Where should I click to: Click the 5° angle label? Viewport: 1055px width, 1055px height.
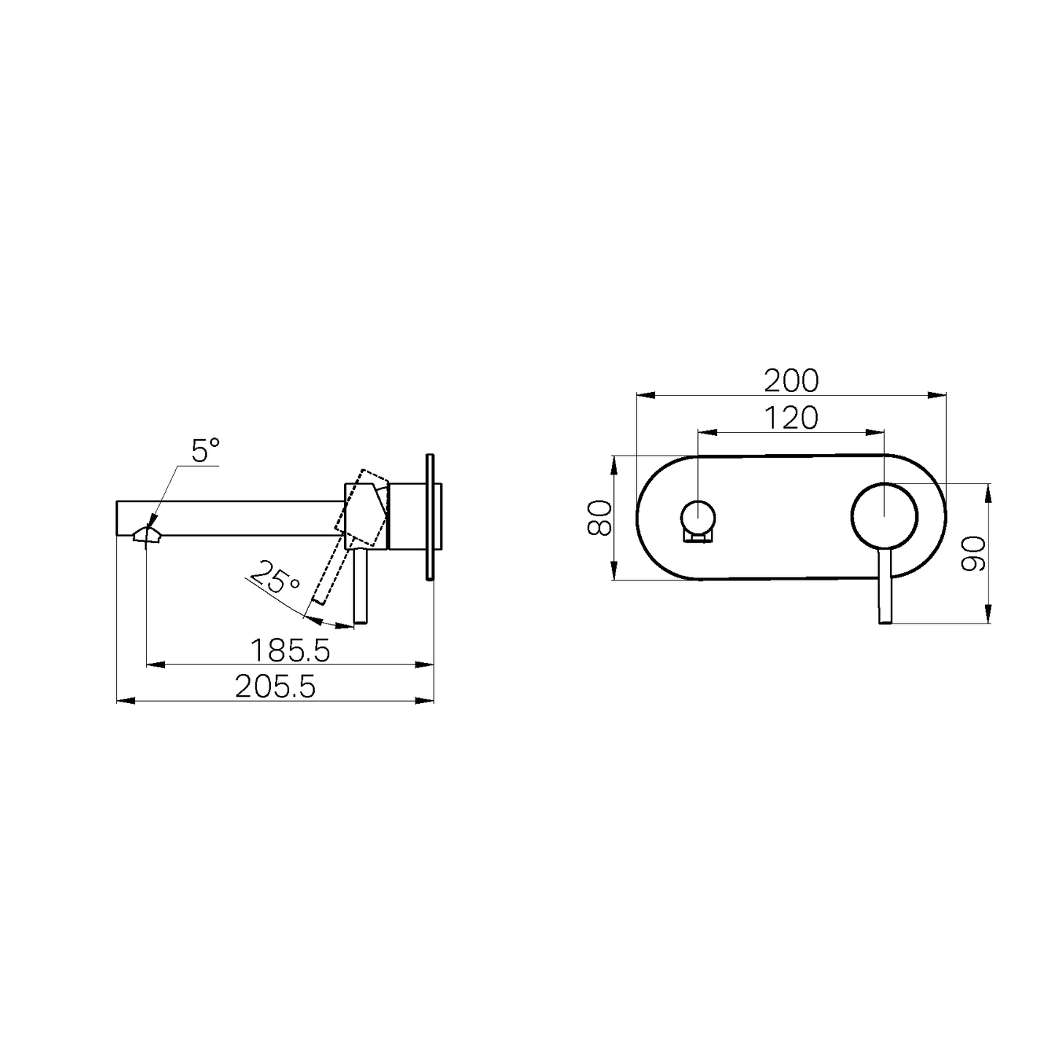pyautogui.click(x=205, y=451)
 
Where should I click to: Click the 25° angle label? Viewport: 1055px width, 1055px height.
pyautogui.click(x=275, y=576)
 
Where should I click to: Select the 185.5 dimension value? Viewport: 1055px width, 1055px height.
pyautogui.click(x=290, y=649)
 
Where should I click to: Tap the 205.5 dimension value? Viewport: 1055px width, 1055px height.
pyautogui.click(x=275, y=686)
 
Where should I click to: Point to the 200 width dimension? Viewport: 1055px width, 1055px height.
pyautogui.click(x=791, y=380)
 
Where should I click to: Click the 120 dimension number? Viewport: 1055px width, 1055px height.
pyautogui.click(x=791, y=418)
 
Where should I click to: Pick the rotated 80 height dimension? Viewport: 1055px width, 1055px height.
pyautogui.click(x=600, y=518)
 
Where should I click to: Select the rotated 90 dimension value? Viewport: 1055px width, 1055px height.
pyautogui.click(x=973, y=553)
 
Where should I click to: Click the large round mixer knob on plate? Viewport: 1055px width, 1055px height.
pyautogui.click(x=883, y=515)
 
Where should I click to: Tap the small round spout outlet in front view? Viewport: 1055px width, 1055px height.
pyautogui.click(x=699, y=517)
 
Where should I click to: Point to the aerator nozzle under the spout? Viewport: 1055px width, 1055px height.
pyautogui.click(x=147, y=535)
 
